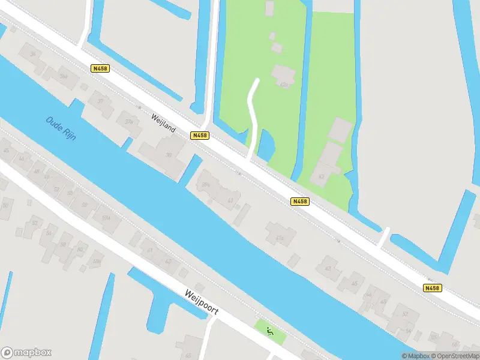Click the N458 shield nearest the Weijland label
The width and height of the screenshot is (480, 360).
pos(199,136)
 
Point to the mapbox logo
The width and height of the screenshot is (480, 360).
pos(26,352)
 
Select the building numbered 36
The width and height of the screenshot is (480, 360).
pos(34,55)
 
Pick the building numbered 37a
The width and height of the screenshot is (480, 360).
pos(128,121)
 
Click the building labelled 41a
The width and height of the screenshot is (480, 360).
pos(280,236)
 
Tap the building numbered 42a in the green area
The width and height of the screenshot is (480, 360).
pos(283,77)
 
